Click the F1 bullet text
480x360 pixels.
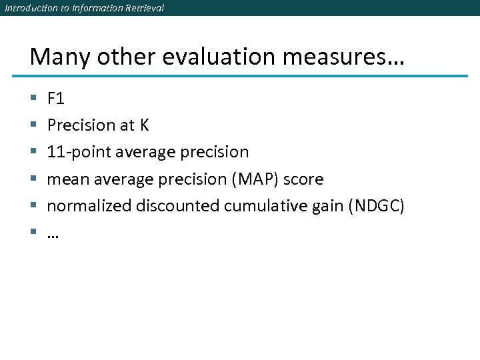click(56, 99)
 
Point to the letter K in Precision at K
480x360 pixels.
click(145, 125)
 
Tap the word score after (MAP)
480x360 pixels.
click(304, 179)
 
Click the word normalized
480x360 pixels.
click(89, 206)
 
